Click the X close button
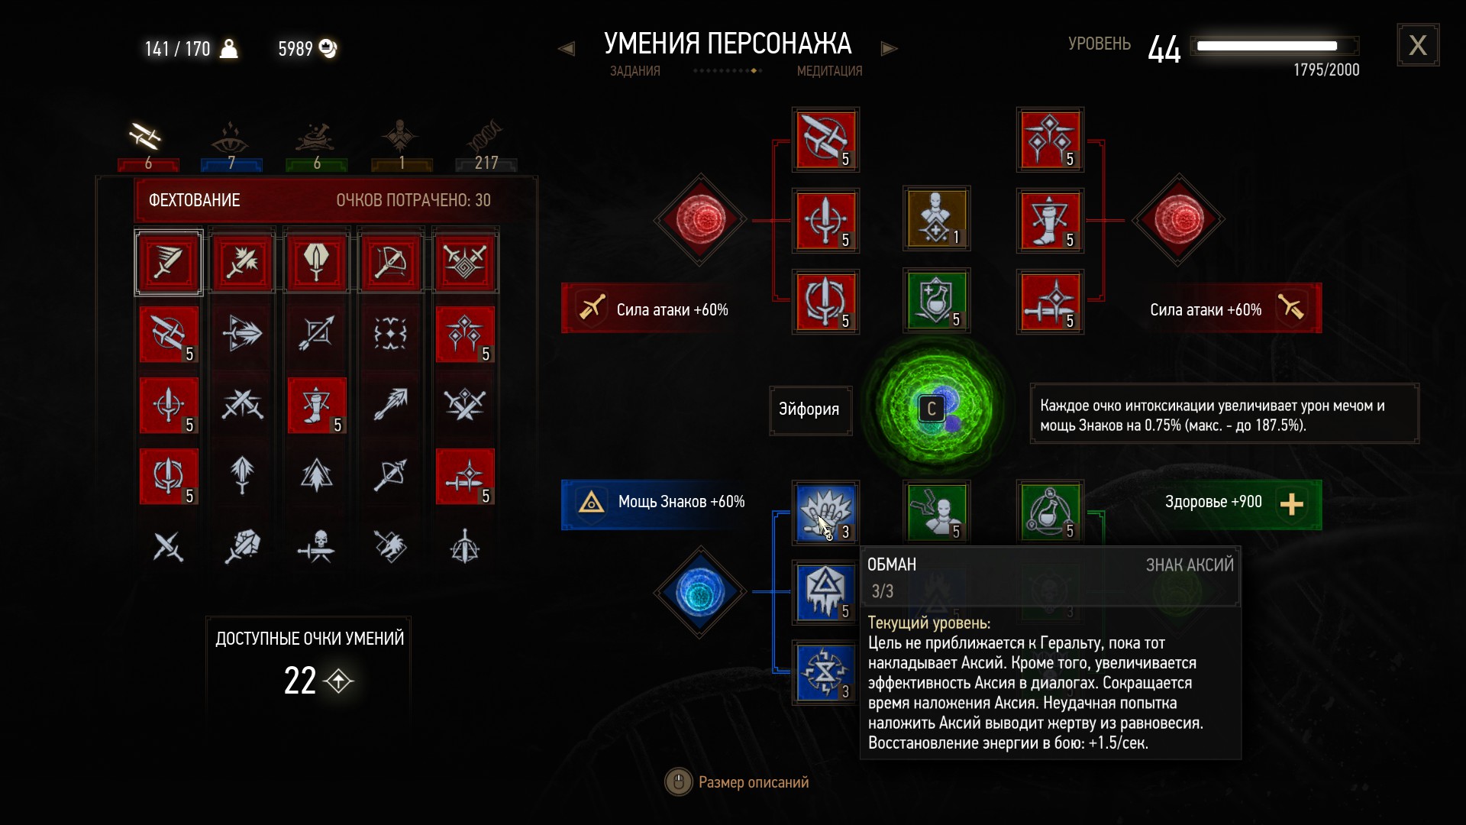point(1418,45)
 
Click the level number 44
point(1164,50)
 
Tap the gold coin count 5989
point(295,49)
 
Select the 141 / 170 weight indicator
point(177,49)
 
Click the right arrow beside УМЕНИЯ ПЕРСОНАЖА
point(889,49)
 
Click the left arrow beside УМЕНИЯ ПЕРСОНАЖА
point(566,49)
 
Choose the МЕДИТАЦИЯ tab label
point(829,71)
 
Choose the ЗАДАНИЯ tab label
point(635,71)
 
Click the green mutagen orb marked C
point(934,409)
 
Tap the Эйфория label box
point(809,409)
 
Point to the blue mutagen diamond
point(699,592)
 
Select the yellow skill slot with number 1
point(936,220)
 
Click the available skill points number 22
point(300,680)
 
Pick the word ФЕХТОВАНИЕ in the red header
point(194,200)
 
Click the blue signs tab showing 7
point(231,145)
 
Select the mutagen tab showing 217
point(486,145)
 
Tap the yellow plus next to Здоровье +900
point(1291,504)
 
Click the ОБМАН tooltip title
point(892,565)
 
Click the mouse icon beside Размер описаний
point(678,781)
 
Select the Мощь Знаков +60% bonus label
point(681,502)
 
